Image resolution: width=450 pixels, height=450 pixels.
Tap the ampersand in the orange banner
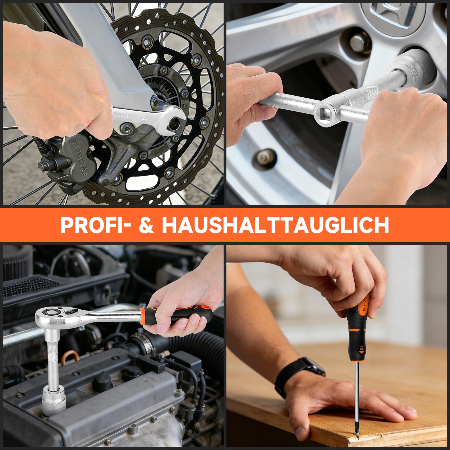pos(147,225)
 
